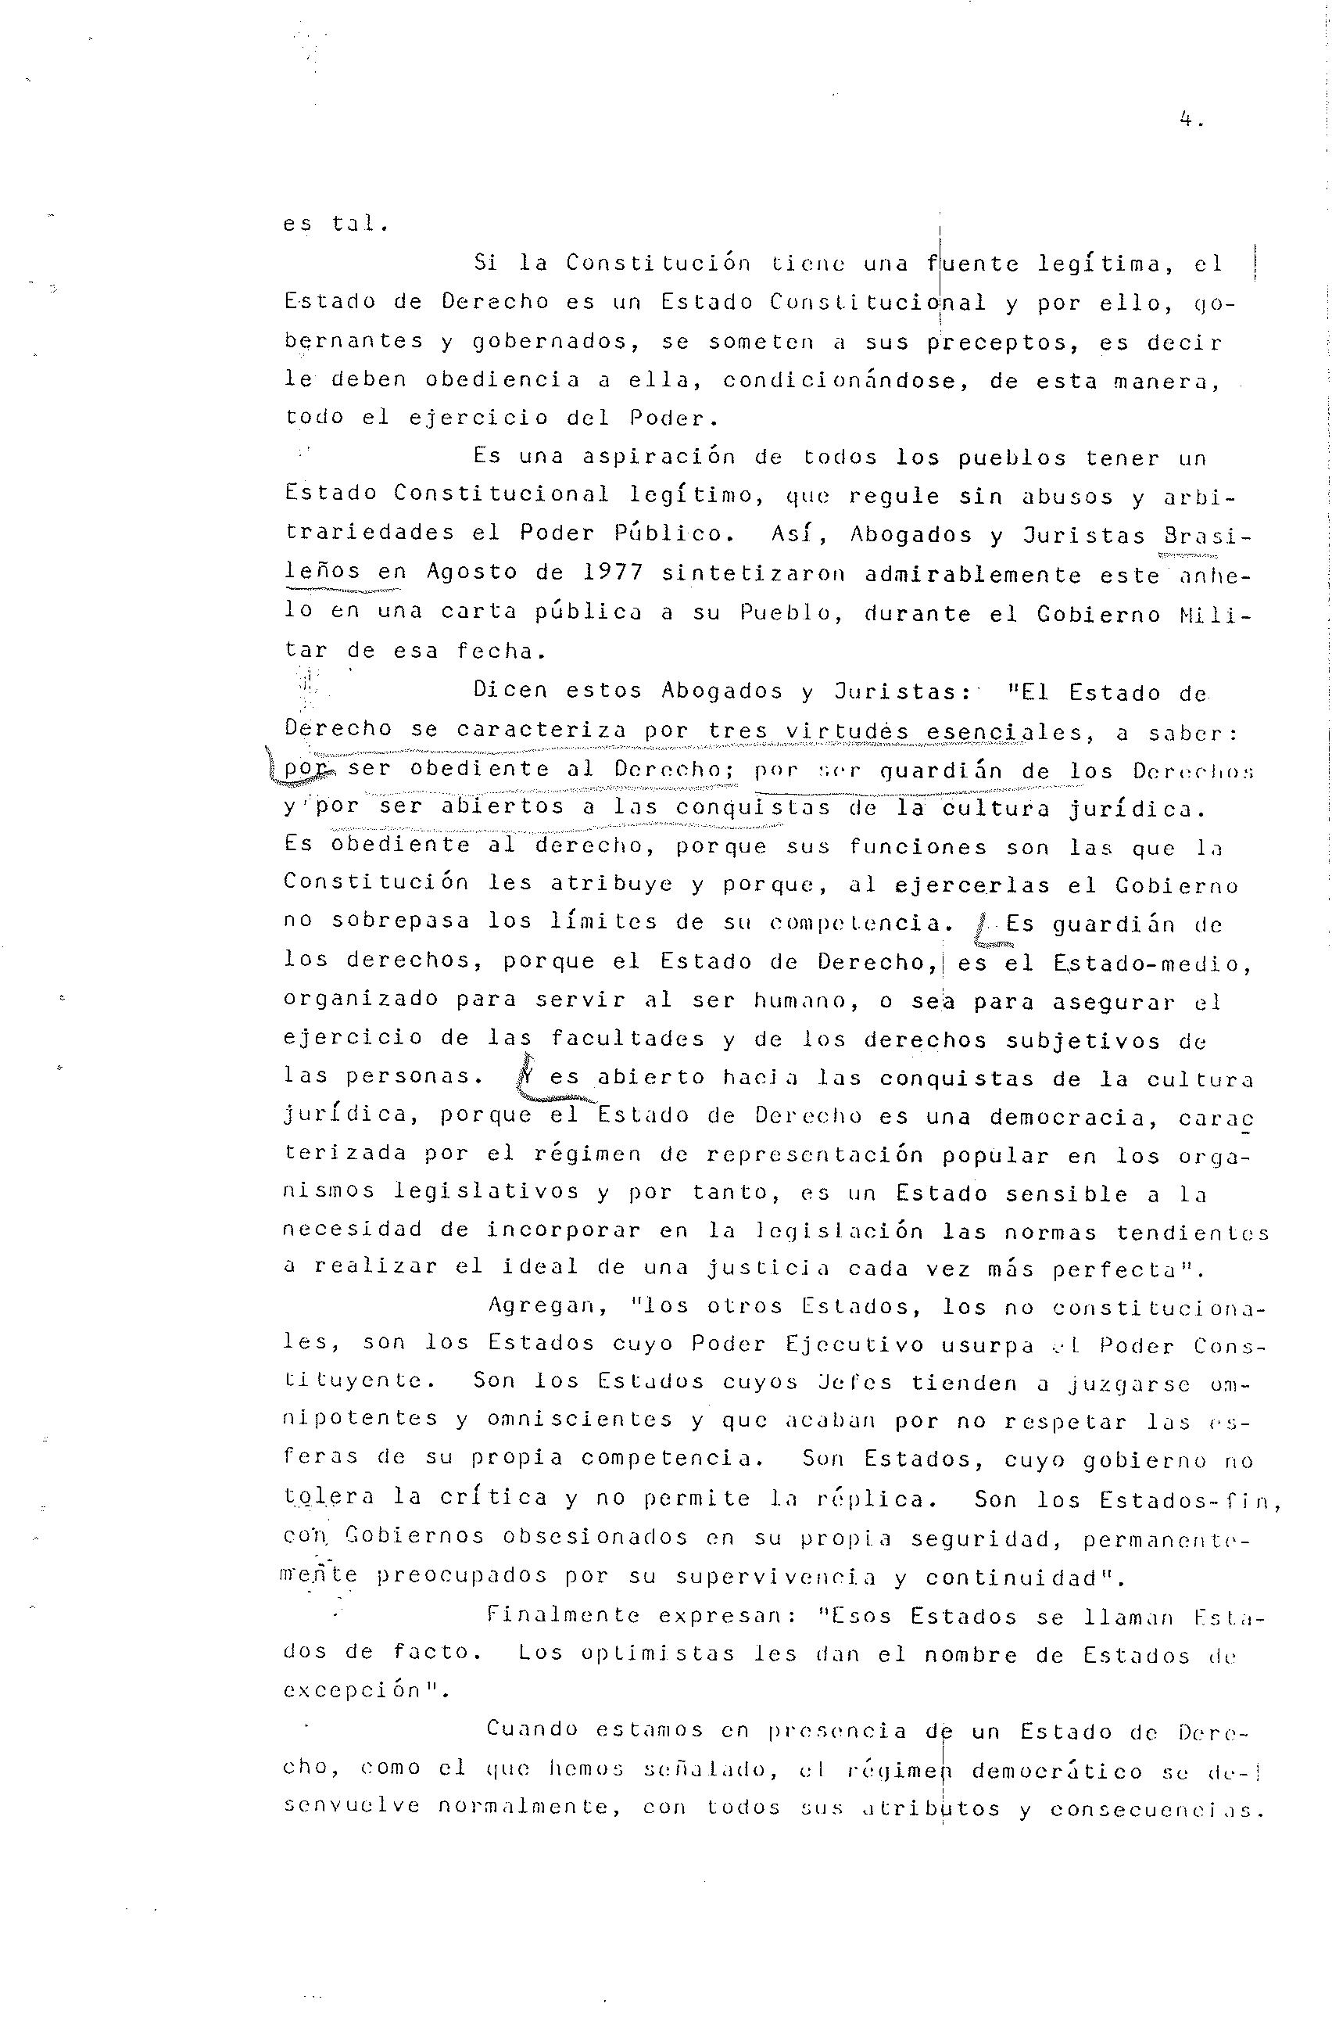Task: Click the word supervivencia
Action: (775, 1576)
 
